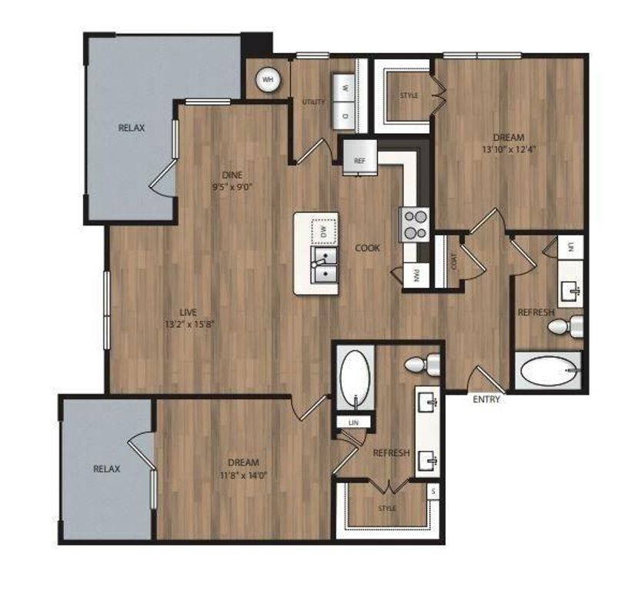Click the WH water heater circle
click(x=268, y=78)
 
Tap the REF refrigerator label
click(x=359, y=161)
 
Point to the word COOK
click(x=367, y=248)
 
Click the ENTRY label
click(x=487, y=399)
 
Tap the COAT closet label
click(x=454, y=262)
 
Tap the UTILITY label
click(x=315, y=102)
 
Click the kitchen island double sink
click(x=324, y=264)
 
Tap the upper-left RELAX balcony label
click(x=132, y=128)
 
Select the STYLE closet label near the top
click(x=409, y=95)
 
